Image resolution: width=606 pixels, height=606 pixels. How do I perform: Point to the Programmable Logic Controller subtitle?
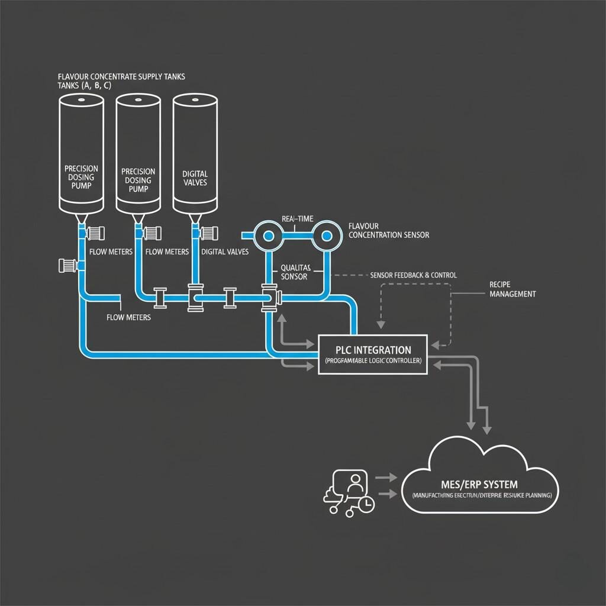click(x=372, y=361)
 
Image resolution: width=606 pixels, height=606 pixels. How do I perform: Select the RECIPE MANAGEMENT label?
click(x=512, y=289)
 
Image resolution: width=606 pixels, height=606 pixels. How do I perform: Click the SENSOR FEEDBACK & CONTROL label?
click(x=412, y=276)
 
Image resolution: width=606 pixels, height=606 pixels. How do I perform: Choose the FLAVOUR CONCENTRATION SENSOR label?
click(x=388, y=231)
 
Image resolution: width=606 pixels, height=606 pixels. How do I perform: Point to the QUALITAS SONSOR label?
click(x=295, y=272)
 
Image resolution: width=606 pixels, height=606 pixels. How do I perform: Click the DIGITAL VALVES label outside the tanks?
click(x=225, y=252)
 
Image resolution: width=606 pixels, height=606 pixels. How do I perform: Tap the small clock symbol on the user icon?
click(x=366, y=504)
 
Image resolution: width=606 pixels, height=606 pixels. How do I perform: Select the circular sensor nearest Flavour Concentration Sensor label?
click(x=325, y=236)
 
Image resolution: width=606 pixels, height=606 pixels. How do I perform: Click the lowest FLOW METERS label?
click(x=128, y=317)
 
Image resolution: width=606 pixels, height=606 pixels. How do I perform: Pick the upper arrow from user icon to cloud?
click(x=387, y=476)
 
